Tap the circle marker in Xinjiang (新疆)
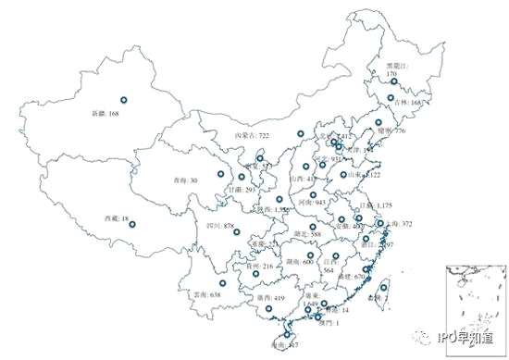(x=123, y=99)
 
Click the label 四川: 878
(x=217, y=225)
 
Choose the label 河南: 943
(x=308, y=201)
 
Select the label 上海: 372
(x=394, y=224)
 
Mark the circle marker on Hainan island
(x=286, y=335)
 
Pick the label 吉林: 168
(x=408, y=104)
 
